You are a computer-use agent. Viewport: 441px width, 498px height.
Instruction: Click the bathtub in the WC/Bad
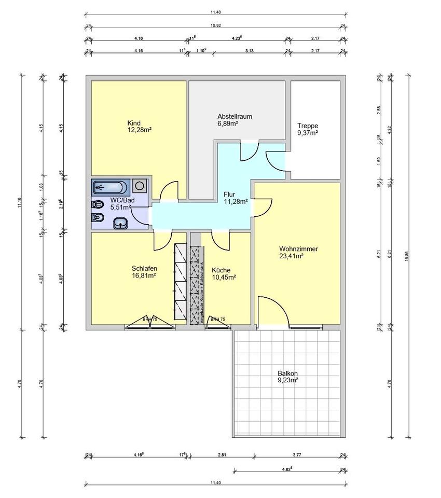(x=111, y=186)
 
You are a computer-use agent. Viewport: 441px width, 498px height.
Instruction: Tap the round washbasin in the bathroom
(x=121, y=223)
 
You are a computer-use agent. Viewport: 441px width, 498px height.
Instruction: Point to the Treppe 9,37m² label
(x=307, y=129)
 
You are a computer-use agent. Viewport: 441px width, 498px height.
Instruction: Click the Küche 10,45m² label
(x=224, y=273)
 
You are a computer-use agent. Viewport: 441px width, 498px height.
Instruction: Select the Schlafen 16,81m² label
(x=144, y=272)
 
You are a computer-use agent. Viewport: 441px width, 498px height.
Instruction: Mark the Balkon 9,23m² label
(x=287, y=377)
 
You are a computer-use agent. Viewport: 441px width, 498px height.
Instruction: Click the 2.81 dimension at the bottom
(x=222, y=455)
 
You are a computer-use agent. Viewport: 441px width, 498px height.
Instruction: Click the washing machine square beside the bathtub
(x=139, y=185)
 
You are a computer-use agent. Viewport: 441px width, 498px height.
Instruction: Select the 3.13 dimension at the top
(x=249, y=51)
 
